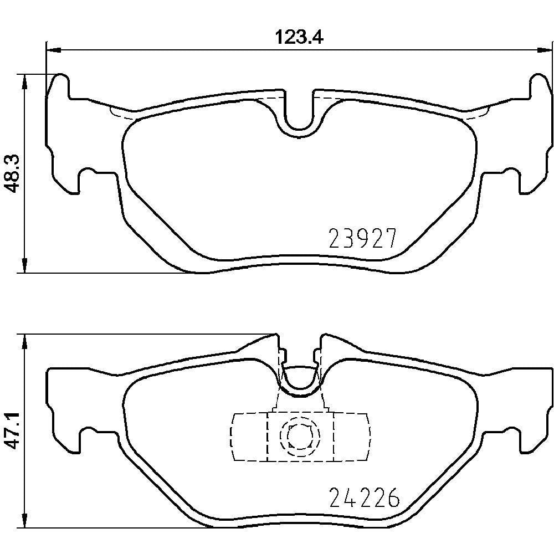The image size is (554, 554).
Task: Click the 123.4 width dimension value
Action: (299, 37)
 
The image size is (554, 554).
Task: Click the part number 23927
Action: (363, 238)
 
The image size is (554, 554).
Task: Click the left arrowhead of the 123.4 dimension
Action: (54, 50)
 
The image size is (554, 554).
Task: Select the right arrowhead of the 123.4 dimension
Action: (545, 50)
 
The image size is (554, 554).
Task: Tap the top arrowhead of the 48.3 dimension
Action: (24, 82)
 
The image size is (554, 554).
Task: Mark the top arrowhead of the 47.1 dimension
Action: (24, 341)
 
